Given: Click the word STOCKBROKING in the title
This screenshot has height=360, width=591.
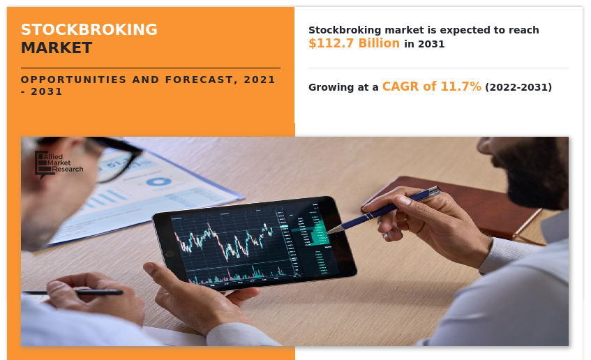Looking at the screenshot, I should point(89,30).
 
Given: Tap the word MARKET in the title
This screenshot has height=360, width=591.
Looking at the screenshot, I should point(56,48).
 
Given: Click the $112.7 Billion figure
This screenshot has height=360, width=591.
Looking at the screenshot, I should point(354,43).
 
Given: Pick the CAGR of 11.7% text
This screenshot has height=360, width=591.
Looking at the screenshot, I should point(431,87).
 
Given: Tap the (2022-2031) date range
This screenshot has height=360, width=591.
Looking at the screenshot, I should point(518,87).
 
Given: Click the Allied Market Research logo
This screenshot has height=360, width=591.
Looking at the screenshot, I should point(59,164).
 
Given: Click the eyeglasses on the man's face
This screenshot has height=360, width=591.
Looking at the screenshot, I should point(112,158).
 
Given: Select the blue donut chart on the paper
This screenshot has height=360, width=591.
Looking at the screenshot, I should point(158,182).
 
